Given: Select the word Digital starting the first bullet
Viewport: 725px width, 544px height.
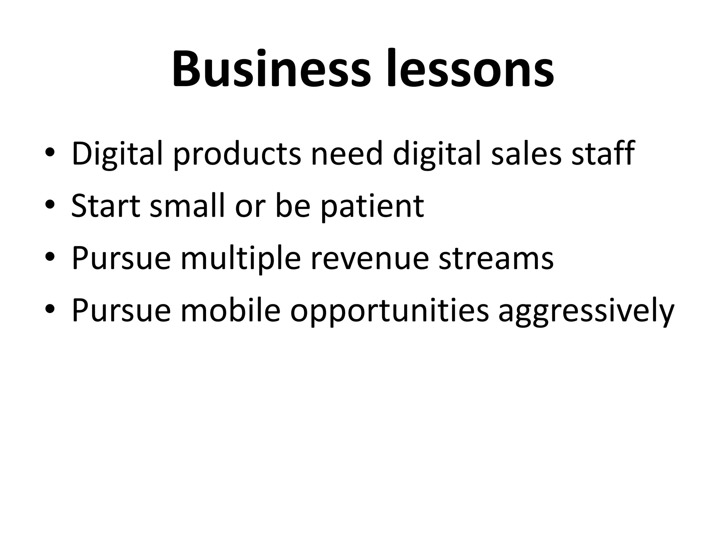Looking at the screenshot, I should [117, 154].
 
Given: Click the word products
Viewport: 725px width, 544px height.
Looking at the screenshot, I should [238, 154].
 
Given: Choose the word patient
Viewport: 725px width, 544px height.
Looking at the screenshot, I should [372, 206].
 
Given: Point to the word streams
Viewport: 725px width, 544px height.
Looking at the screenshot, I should [496, 259].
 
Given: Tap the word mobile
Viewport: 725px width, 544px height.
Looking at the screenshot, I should [230, 310].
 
